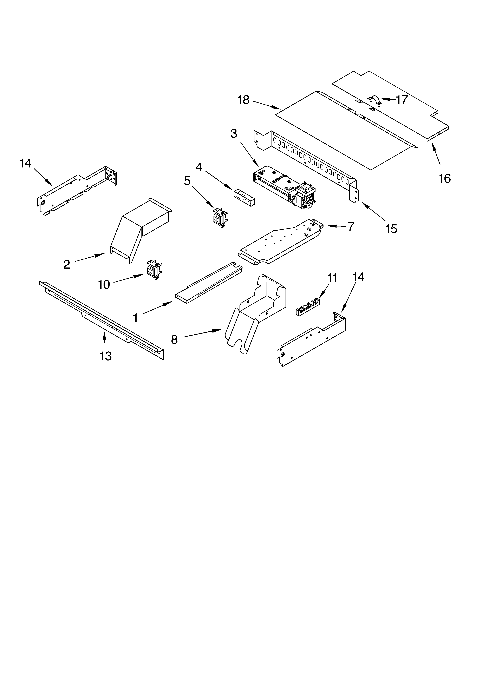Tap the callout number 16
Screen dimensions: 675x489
445,179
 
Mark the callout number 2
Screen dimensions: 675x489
67,264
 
